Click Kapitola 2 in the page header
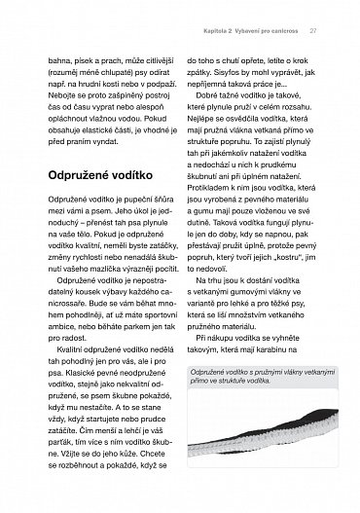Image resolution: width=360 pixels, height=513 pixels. (x=230, y=30)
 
